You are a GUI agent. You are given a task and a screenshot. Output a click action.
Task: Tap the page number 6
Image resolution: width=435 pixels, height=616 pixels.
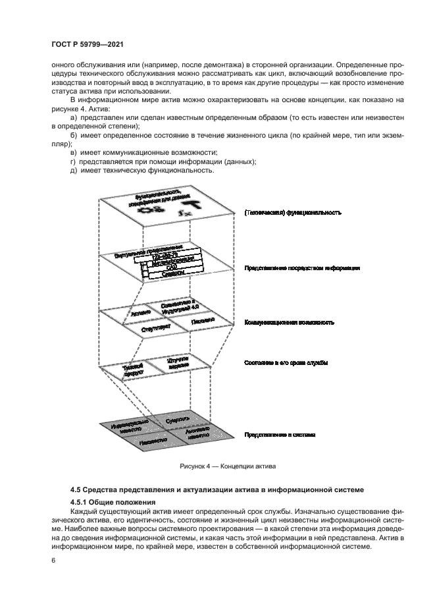(54, 560)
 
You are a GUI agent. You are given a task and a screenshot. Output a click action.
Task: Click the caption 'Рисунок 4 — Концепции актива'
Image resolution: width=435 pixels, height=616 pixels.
(227, 466)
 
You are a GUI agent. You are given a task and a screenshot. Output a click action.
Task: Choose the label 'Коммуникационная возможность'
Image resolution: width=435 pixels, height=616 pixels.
(290, 323)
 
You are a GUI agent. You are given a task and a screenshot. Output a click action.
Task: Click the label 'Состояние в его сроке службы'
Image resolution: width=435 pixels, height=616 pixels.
(286, 363)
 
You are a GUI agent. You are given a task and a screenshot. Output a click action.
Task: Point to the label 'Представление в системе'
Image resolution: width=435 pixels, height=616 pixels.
(280, 435)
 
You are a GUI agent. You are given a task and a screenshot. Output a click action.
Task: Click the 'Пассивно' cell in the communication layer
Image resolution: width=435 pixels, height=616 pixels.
(202, 320)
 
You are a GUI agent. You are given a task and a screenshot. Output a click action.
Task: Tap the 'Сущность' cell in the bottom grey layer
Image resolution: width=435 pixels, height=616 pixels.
(179, 419)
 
